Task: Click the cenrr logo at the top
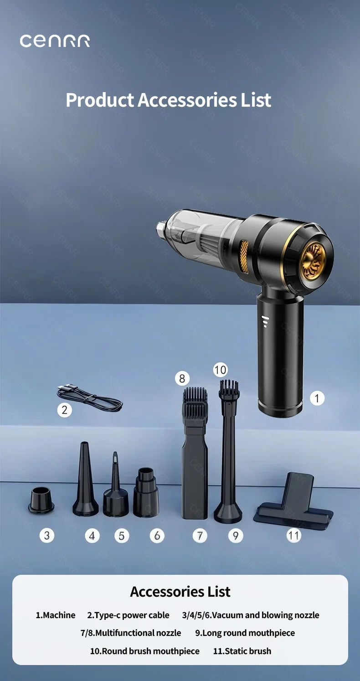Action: tap(55, 41)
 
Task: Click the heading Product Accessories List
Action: tap(168, 100)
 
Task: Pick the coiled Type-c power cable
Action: tap(90, 397)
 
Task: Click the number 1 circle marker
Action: tap(317, 398)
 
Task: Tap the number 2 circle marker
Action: tap(64, 410)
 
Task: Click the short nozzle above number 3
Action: tap(41, 500)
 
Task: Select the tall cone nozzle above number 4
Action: tap(85, 483)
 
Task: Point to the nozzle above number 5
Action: tap(115, 490)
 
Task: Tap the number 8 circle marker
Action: tap(182, 378)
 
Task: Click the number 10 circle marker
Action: tap(220, 370)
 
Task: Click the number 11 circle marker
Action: tap(293, 535)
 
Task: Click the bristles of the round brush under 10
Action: tap(229, 388)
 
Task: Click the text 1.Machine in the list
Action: tap(56, 615)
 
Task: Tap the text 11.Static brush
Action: tap(242, 651)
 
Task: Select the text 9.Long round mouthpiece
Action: tap(245, 633)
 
